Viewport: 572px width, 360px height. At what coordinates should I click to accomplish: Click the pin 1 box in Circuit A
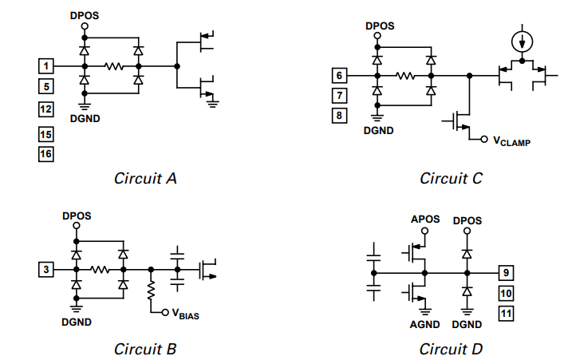[x=46, y=65]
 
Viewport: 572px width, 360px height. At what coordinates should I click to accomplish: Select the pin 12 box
[x=46, y=109]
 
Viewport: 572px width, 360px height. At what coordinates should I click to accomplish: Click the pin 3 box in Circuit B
[x=46, y=270]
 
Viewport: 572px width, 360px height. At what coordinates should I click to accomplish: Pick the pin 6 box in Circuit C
[x=339, y=76]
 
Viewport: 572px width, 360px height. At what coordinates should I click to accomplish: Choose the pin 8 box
[x=339, y=116]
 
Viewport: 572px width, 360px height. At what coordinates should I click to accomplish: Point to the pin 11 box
[x=505, y=312]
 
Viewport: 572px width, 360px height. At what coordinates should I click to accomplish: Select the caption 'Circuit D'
[x=451, y=349]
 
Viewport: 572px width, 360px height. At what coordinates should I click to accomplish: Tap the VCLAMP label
[x=511, y=141]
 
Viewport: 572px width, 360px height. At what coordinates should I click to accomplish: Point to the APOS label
[x=424, y=219]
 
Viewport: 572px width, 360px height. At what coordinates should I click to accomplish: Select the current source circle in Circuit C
[x=522, y=42]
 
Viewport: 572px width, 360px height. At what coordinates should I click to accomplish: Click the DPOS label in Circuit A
[x=84, y=14]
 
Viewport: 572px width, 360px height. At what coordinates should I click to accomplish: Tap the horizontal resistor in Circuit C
[x=404, y=77]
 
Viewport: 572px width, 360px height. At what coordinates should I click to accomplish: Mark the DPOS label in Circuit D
[x=467, y=219]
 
